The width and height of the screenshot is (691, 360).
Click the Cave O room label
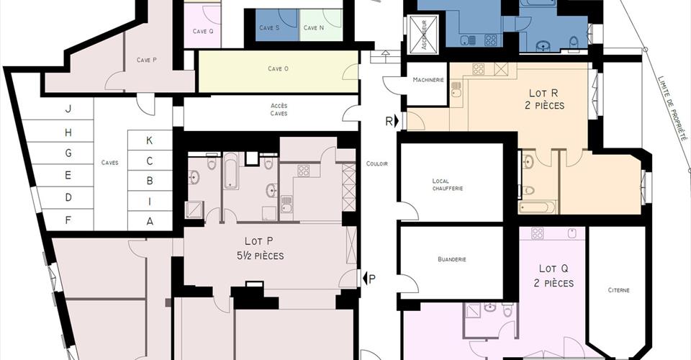(278, 68)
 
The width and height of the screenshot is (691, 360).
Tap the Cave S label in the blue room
(269, 28)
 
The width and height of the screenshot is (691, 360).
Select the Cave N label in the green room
(314, 28)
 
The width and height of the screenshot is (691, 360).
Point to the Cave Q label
(203, 31)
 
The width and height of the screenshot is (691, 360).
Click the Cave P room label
(146, 60)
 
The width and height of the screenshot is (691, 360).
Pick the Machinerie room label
(428, 80)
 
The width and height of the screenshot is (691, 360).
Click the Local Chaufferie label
(447, 184)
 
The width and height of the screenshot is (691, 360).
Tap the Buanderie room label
(452, 259)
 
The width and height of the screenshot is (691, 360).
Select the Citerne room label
(619, 290)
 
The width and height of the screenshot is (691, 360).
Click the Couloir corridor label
(376, 164)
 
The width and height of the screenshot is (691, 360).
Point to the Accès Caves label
(279, 109)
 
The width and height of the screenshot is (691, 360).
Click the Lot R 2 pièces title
(545, 99)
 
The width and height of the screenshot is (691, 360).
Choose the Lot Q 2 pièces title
(554, 276)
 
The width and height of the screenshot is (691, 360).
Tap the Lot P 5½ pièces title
(258, 248)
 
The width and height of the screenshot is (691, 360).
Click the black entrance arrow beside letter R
(397, 120)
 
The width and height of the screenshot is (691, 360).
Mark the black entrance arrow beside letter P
(365, 279)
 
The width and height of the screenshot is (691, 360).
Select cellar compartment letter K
(150, 140)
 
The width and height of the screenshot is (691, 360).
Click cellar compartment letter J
(68, 109)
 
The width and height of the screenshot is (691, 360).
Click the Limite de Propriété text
(673, 109)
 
